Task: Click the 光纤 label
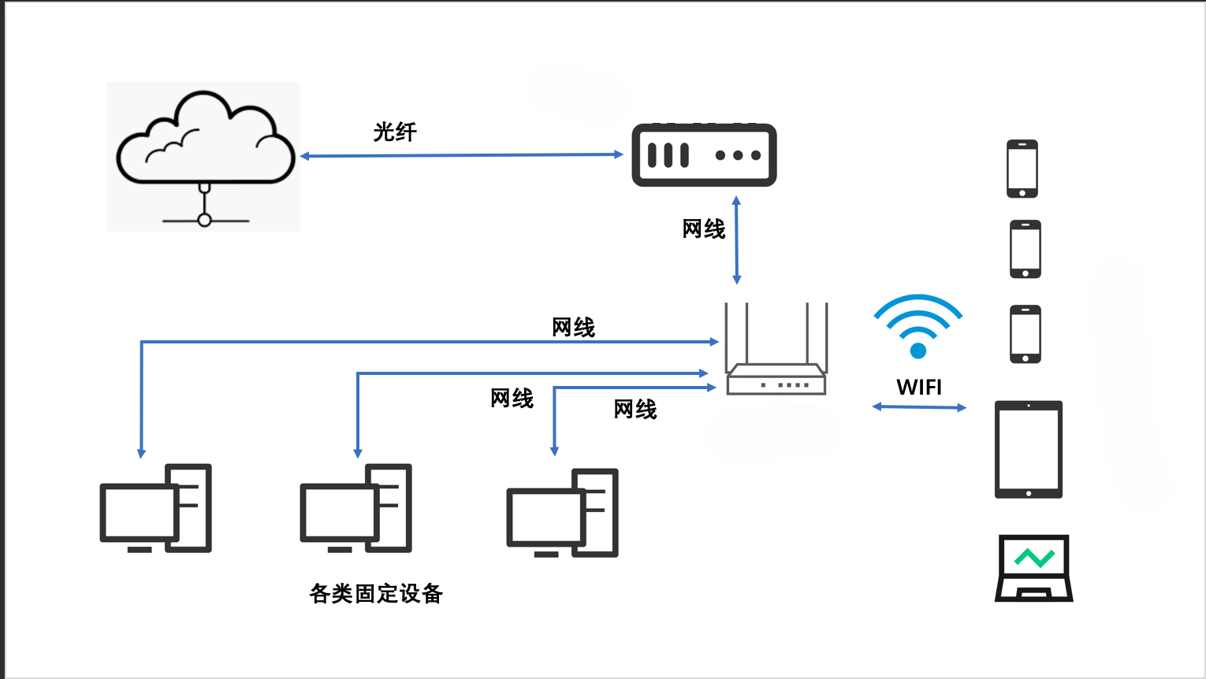(x=395, y=132)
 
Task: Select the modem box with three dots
(x=704, y=155)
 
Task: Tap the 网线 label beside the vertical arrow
(x=703, y=229)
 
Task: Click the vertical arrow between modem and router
(x=736, y=240)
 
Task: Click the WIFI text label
(x=919, y=388)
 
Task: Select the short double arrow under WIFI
(x=919, y=407)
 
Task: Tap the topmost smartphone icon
(x=1022, y=169)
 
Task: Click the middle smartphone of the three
(x=1025, y=249)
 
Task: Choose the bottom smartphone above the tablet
(x=1025, y=334)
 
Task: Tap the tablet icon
(x=1029, y=450)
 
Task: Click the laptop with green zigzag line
(x=1034, y=568)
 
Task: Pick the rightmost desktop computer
(x=562, y=513)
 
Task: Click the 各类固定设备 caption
(x=376, y=593)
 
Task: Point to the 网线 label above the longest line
(x=573, y=327)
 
